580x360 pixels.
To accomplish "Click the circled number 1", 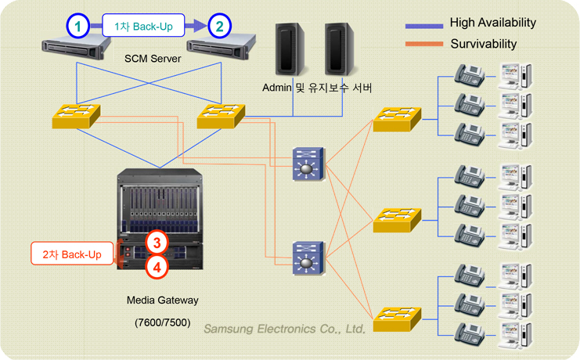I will (77, 26).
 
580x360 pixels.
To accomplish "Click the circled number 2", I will (220, 26).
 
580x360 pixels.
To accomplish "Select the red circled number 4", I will (157, 267).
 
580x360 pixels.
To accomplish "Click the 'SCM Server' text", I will (153, 59).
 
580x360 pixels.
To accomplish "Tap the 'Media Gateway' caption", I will (162, 300).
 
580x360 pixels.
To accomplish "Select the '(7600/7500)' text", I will (162, 322).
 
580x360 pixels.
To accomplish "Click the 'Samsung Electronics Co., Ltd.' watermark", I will (284, 329).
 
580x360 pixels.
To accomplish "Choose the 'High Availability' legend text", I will (492, 23).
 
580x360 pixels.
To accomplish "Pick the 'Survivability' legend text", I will (483, 44).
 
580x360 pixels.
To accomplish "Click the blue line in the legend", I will (423, 25).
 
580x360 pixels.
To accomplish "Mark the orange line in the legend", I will (423, 45).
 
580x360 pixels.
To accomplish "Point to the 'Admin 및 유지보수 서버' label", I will (317, 87).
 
